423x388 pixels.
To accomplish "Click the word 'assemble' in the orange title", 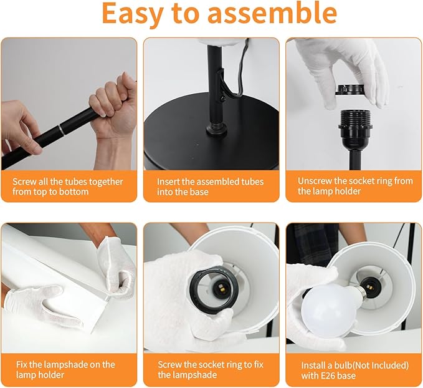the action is [272, 13].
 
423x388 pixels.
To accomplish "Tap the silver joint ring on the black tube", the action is [62, 129].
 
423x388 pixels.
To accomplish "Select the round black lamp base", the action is [211, 132].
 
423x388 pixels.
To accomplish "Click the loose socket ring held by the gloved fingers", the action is [349, 90].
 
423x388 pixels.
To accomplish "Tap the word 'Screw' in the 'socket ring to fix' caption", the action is [169, 365].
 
